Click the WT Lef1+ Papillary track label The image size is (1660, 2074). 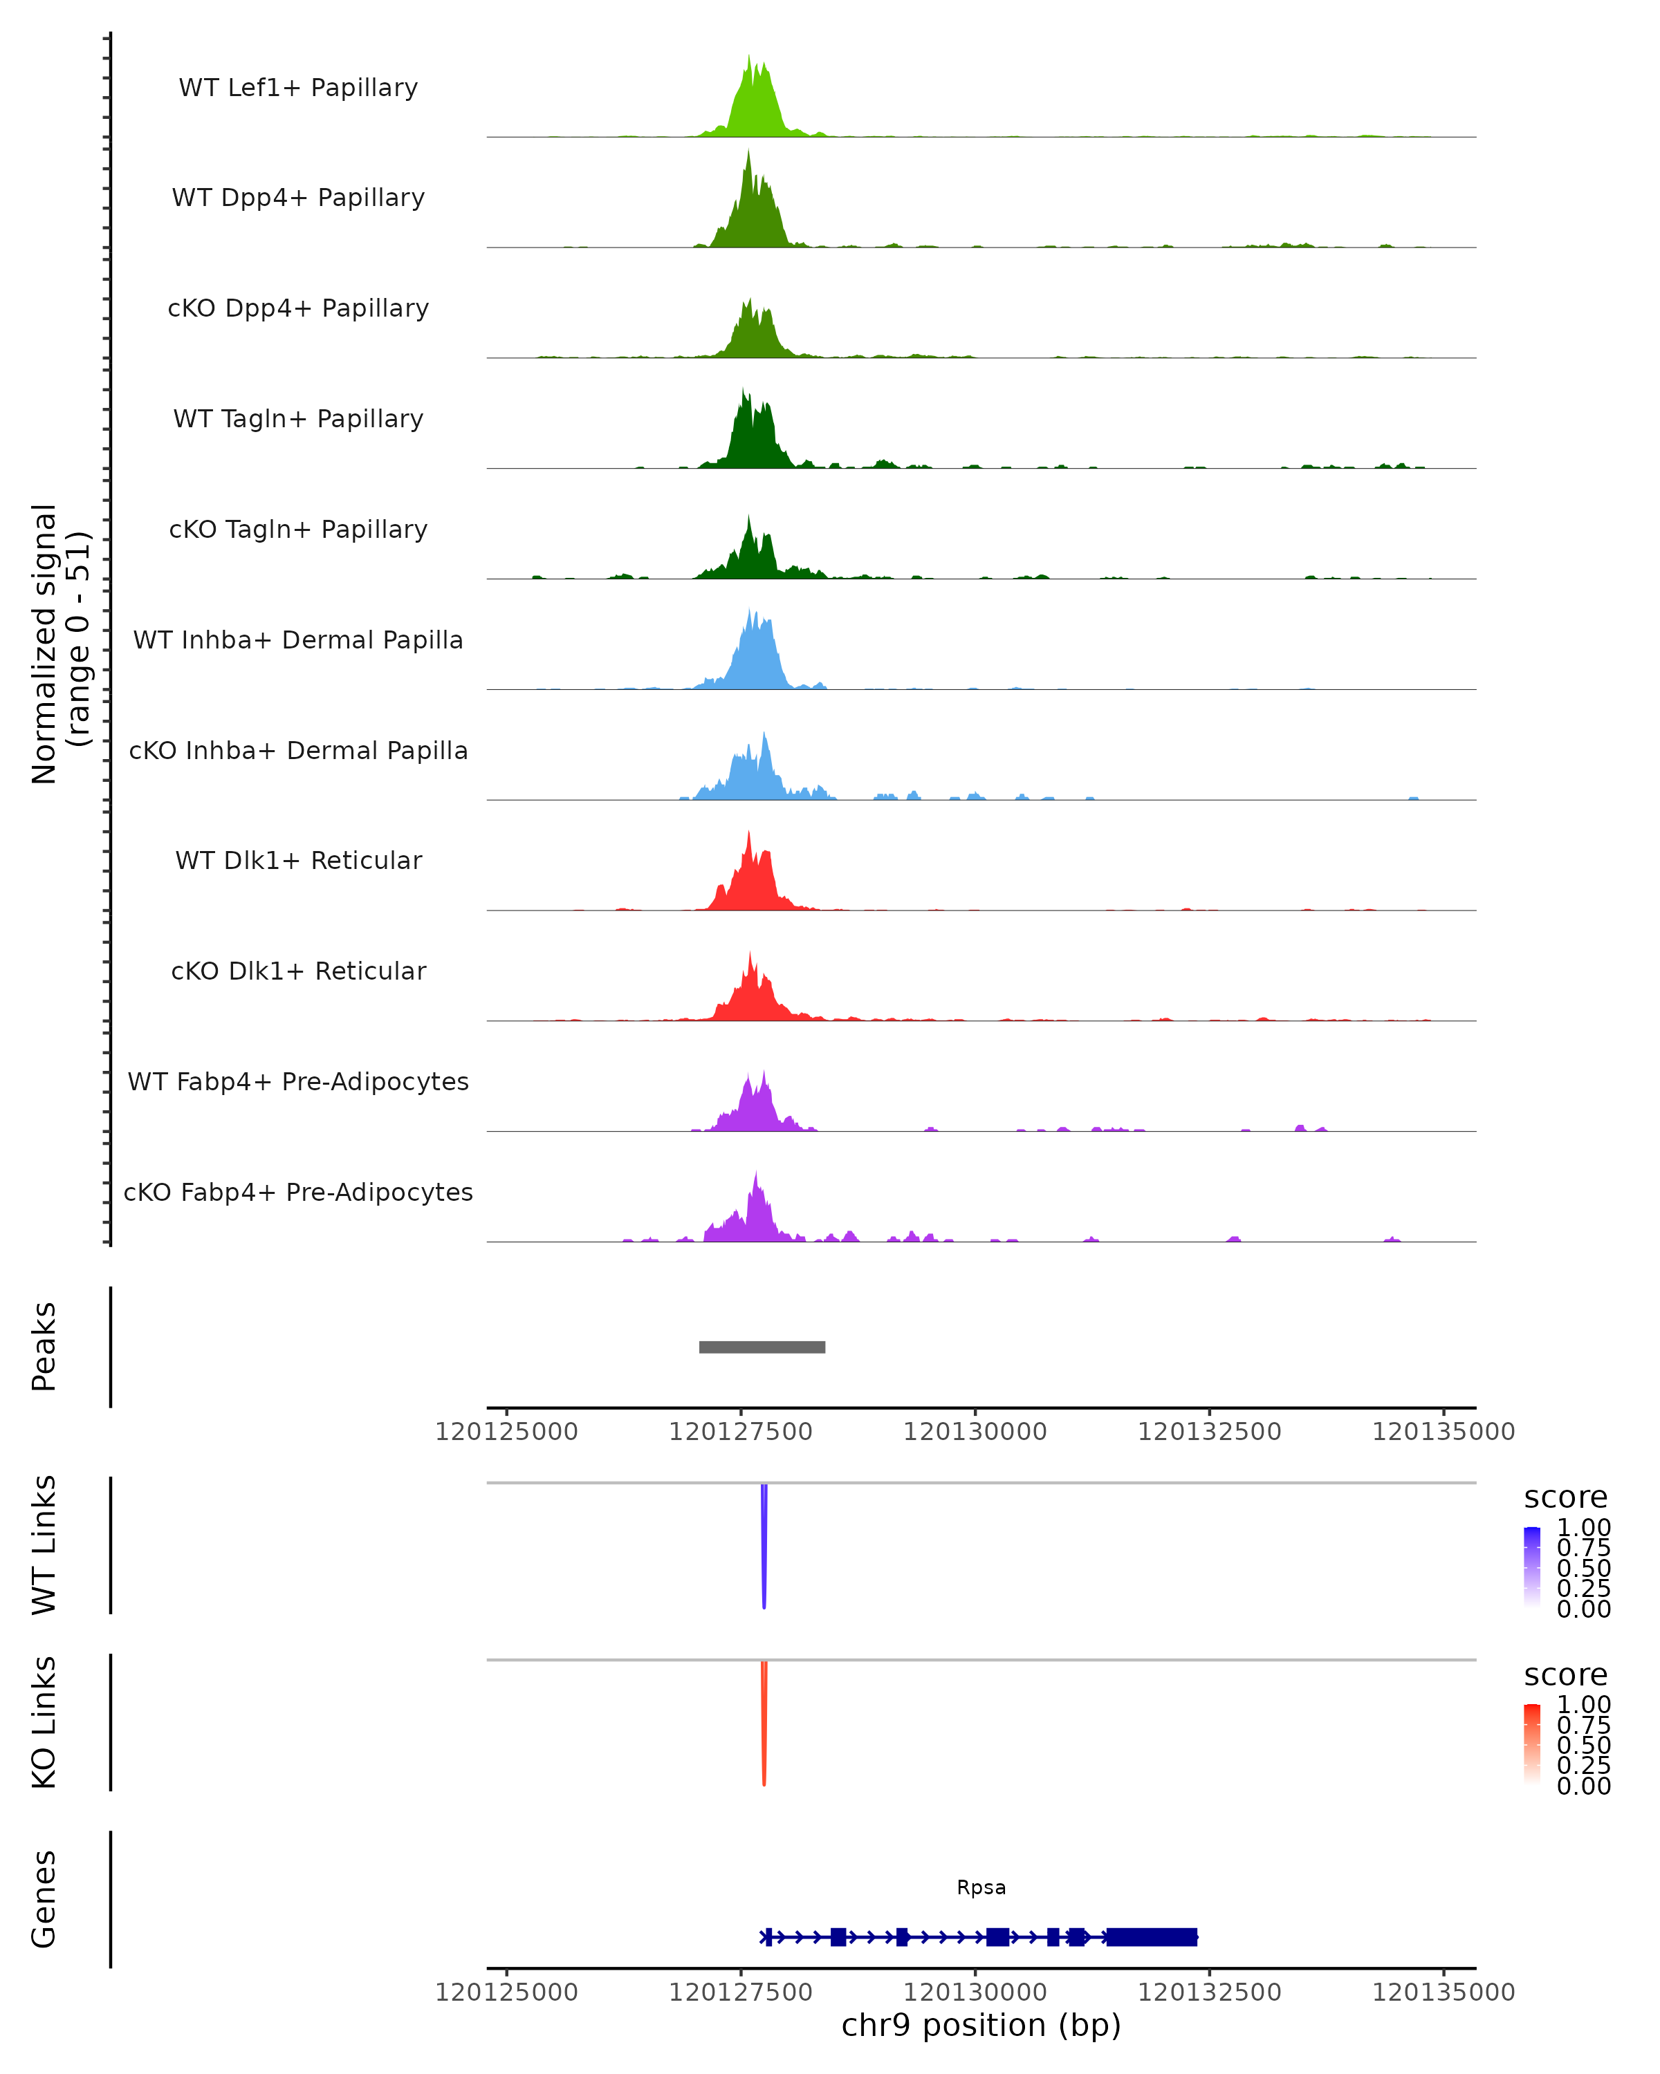point(298,88)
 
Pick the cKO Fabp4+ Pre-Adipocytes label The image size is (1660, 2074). point(298,1192)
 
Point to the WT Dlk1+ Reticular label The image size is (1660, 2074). point(298,860)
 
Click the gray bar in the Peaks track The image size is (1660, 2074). point(762,1347)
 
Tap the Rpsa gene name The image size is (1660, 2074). point(981,1887)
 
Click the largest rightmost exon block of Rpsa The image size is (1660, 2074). point(1151,1936)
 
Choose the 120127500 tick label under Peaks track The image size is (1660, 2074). point(740,1432)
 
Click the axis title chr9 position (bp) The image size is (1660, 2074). point(981,2025)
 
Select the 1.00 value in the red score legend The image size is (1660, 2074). point(1583,1705)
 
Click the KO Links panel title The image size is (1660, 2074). point(44,1722)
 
